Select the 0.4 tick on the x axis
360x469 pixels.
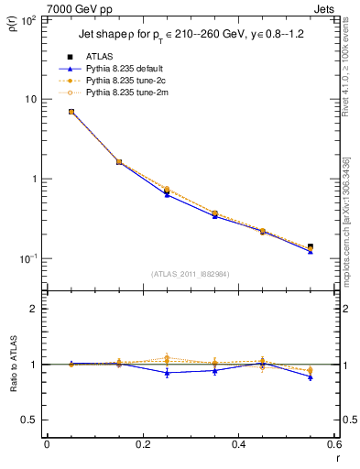point(239,444)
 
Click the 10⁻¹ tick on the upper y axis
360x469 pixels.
point(29,259)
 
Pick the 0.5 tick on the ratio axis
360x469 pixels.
point(31,420)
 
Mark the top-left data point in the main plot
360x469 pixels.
point(71,112)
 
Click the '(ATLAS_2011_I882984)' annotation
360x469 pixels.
point(190,273)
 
